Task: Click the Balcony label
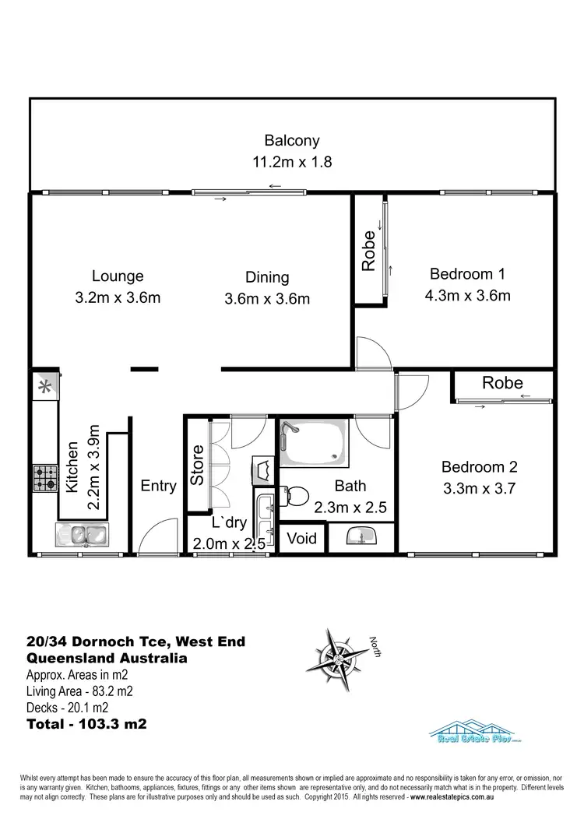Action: tap(292, 141)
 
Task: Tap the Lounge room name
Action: tap(118, 276)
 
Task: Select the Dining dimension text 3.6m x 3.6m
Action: tap(267, 298)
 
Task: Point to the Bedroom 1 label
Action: tap(467, 274)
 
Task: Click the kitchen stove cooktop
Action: tap(44, 477)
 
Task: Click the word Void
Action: tap(301, 538)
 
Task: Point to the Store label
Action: tap(198, 465)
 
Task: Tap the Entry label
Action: tap(158, 486)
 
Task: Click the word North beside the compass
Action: tap(375, 646)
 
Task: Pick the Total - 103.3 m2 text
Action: tap(87, 723)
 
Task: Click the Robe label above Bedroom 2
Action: tap(502, 383)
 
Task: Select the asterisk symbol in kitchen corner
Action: tap(44, 385)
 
